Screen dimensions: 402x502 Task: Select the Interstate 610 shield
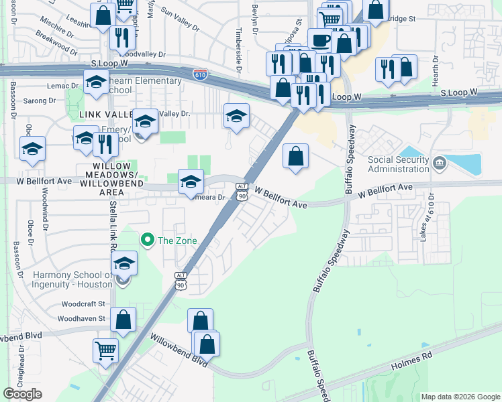(x=200, y=73)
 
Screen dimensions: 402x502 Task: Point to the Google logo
(x=22, y=393)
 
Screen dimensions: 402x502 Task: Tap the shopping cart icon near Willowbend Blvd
(x=106, y=350)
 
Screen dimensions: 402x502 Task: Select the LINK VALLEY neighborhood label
(x=103, y=115)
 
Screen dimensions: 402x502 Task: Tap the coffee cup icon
(x=319, y=40)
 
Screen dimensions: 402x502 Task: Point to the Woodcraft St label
(x=83, y=304)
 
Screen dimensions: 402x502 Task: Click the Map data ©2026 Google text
(x=460, y=397)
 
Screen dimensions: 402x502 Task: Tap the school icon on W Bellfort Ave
(x=191, y=182)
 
